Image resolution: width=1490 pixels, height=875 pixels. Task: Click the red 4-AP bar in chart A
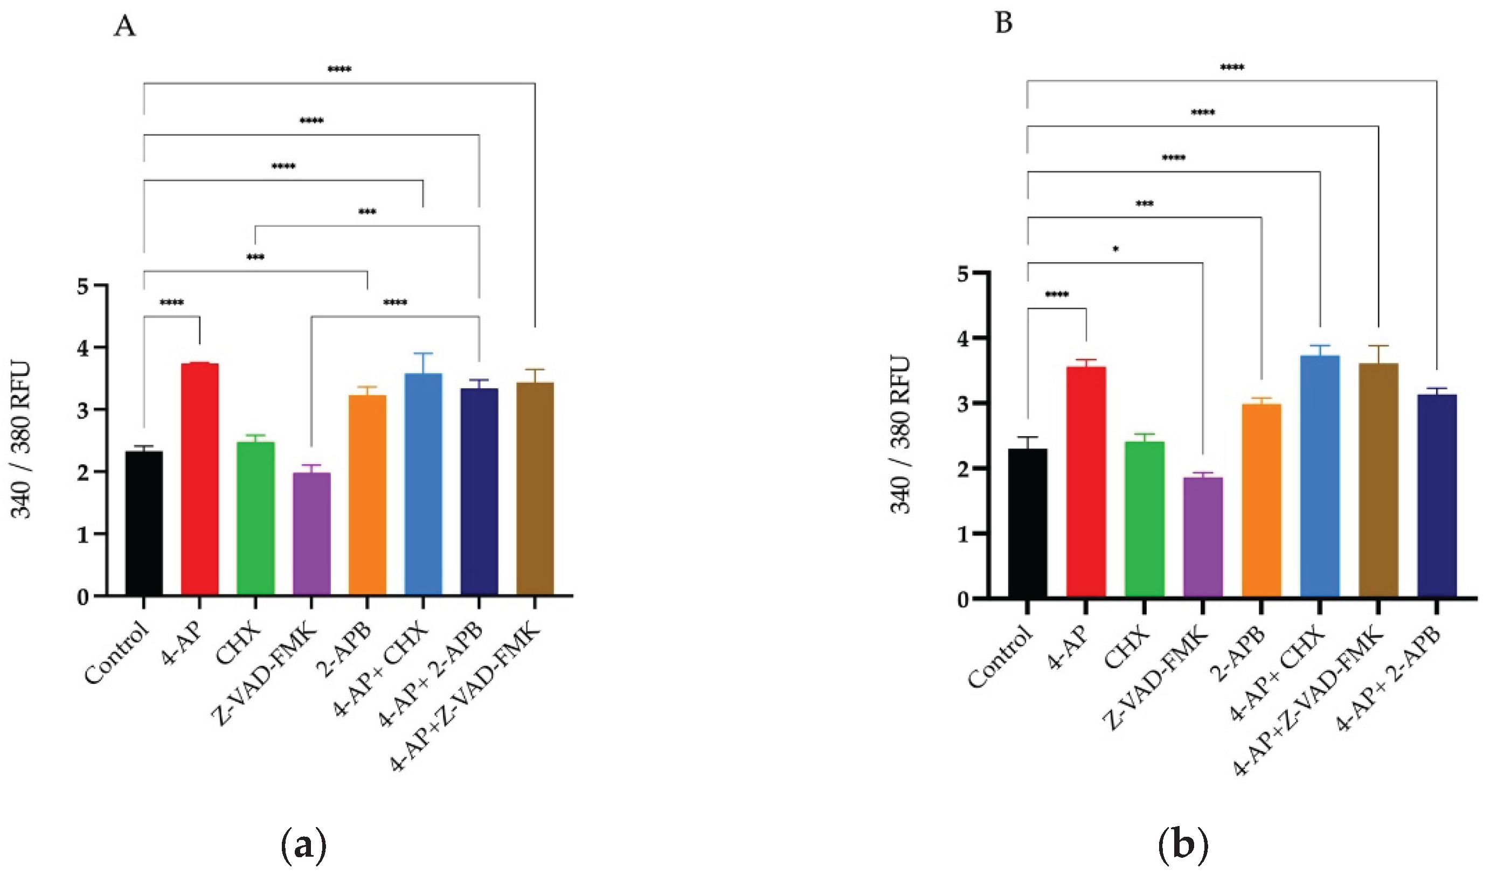[199, 479]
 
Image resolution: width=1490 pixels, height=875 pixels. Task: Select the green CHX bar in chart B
[1144, 520]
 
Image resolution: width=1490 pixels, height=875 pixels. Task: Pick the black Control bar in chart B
[1028, 523]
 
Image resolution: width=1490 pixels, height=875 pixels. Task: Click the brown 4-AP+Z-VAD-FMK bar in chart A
[535, 488]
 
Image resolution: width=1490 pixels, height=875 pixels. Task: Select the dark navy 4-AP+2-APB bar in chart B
[1437, 496]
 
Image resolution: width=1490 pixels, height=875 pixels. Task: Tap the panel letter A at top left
[124, 26]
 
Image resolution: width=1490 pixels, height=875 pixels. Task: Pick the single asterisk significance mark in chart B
[1115, 249]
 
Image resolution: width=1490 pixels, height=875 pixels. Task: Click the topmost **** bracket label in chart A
[339, 69]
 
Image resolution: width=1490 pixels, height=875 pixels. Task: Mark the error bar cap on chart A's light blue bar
[423, 353]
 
